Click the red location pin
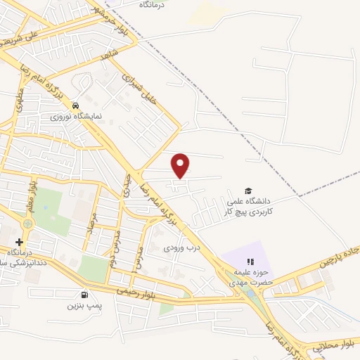pos(181,165)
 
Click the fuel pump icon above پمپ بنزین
pos(85,295)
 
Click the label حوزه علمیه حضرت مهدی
pos(246,277)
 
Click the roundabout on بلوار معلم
pos(27,224)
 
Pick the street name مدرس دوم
pos(110,243)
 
